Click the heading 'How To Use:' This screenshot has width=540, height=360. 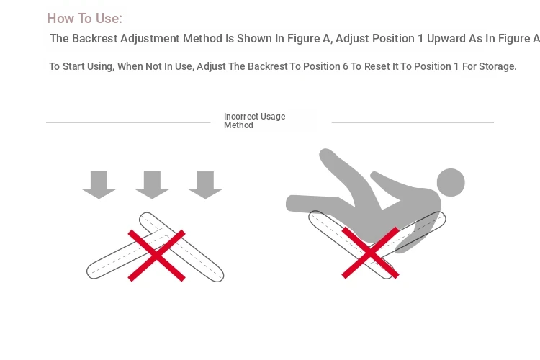pyautogui.click(x=84, y=18)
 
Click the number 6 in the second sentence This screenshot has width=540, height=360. pyautogui.click(x=346, y=66)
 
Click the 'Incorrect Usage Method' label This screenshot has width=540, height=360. pyautogui.click(x=254, y=120)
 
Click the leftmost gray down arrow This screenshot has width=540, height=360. pyautogui.click(x=99, y=185)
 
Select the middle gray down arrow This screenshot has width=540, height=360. pyautogui.click(x=152, y=185)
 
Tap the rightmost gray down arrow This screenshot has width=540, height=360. pyautogui.click(x=205, y=185)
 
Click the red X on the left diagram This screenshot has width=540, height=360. pyautogui.click(x=157, y=256)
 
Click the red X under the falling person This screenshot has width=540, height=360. pyautogui.click(x=370, y=253)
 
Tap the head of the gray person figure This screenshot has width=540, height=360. pyautogui.click(x=451, y=183)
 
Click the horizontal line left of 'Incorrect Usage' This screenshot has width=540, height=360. pyautogui.click(x=128, y=122)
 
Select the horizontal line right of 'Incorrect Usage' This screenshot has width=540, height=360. pyautogui.click(x=413, y=122)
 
